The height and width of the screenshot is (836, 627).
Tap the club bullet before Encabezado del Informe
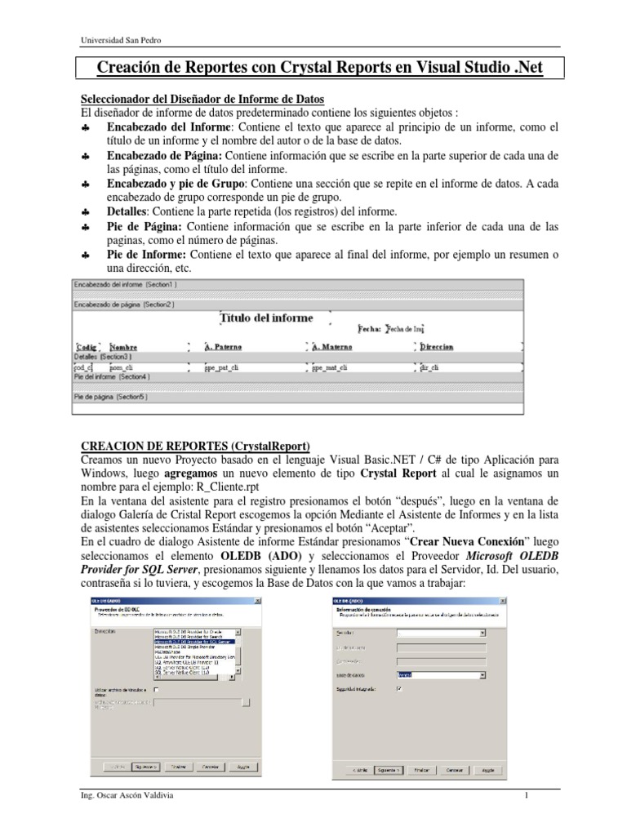[85, 129]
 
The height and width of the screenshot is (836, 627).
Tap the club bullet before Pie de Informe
[85, 256]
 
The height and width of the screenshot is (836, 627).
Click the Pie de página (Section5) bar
[111, 396]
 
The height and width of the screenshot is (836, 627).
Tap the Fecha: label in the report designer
[370, 329]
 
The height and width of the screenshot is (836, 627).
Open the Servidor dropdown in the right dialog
[482, 632]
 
